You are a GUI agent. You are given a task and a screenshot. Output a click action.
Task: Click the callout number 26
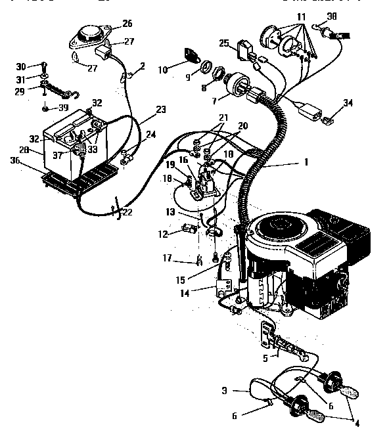pos(127,24)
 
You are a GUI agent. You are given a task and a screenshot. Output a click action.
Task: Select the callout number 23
pos(161,110)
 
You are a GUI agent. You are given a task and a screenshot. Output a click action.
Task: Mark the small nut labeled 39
pos(44,108)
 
